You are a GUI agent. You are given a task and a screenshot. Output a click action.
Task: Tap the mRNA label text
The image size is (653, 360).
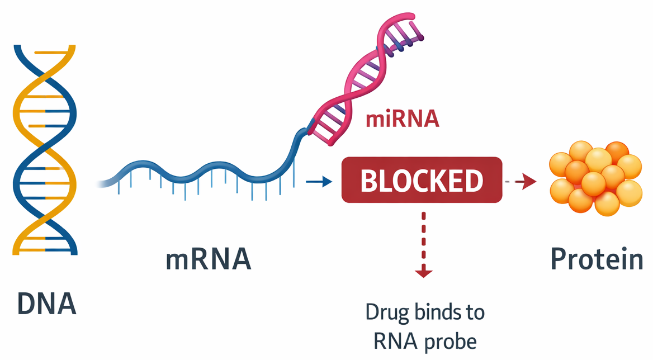[209, 260]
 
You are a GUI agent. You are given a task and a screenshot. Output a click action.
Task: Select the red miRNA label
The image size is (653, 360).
[402, 119]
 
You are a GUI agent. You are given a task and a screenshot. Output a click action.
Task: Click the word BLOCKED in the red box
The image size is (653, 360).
[422, 181]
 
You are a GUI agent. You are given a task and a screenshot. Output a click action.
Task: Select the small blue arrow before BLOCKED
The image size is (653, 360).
[316, 181]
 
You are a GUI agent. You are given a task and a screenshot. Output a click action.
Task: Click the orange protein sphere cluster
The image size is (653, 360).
[595, 178]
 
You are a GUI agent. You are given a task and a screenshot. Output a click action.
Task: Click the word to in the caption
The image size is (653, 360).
[474, 312]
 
